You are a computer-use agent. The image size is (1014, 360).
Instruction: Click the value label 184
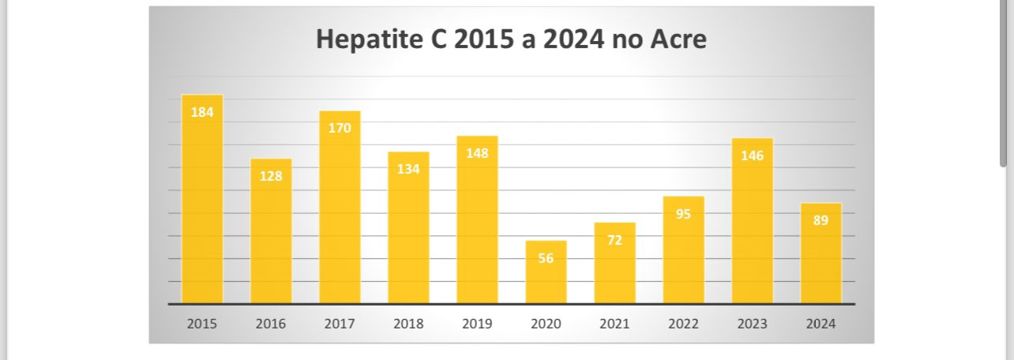[202, 112]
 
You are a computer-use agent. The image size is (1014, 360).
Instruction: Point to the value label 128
[271, 176]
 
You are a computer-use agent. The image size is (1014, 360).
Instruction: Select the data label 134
[408, 169]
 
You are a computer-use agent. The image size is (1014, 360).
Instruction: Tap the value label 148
[477, 153]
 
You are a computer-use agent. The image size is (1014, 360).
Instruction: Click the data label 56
[546, 257]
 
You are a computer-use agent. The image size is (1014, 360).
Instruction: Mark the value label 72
[615, 239]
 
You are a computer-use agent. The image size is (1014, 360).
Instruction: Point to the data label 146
[752, 156]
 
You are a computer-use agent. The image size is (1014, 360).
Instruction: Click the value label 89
[821, 220]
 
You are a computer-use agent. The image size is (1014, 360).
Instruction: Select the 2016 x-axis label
[271, 324]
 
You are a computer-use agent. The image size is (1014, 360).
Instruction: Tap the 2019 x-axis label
[477, 324]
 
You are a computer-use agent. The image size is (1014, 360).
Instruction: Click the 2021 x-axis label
[615, 324]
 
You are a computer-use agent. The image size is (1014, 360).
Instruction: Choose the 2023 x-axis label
[752, 324]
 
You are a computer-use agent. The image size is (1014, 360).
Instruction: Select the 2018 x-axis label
[408, 324]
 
